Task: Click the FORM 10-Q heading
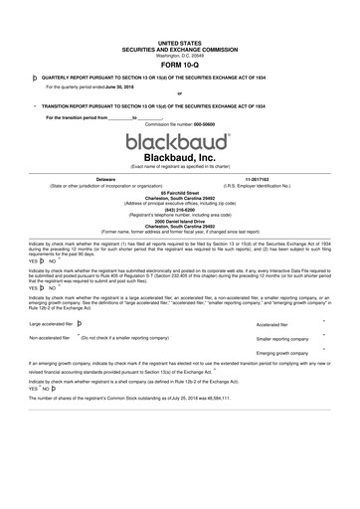coord(179,67)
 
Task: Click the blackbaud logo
coord(179,139)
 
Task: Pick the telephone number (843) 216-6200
coord(179,209)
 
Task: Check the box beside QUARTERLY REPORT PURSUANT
coord(35,76)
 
